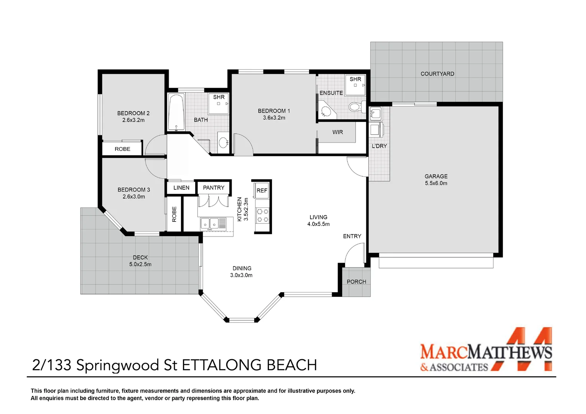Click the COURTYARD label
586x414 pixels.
(437, 74)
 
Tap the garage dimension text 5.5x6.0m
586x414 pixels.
(436, 183)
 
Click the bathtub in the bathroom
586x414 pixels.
(176, 112)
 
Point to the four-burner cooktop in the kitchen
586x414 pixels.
(262, 215)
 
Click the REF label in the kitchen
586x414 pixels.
(262, 191)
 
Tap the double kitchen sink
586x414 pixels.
(213, 223)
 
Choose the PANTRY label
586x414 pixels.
(214, 187)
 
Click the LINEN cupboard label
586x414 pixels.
(181, 187)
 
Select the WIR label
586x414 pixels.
(337, 132)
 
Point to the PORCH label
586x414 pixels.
(356, 282)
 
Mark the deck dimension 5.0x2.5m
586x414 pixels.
(140, 264)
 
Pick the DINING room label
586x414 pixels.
(242, 268)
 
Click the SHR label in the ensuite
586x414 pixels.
(355, 79)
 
